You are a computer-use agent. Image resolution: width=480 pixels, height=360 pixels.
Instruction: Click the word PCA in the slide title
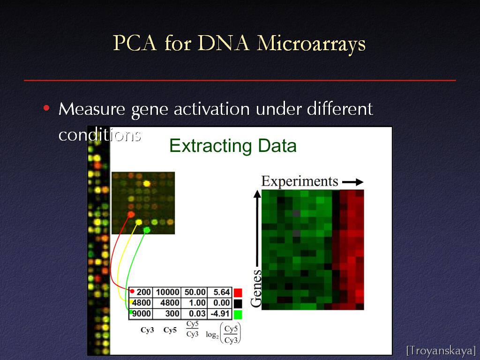[x=135, y=43]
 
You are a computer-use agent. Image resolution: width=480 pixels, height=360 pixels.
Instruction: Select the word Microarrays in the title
[x=311, y=44]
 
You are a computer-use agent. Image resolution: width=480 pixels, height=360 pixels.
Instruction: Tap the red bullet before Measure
[x=46, y=108]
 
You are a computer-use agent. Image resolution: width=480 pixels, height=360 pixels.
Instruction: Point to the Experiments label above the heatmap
[x=300, y=181]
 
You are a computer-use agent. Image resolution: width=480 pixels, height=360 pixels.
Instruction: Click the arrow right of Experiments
[x=352, y=182]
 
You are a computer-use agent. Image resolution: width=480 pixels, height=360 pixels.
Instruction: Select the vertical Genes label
[x=256, y=288]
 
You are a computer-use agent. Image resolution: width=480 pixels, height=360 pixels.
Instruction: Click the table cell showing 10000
[x=167, y=292]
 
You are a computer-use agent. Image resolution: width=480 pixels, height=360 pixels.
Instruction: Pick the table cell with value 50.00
[x=195, y=292]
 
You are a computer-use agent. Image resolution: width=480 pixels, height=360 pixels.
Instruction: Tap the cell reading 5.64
[x=220, y=292]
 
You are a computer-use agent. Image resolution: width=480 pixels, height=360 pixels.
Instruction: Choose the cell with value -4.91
[x=220, y=314]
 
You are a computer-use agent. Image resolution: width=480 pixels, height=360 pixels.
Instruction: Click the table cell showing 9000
[x=141, y=314]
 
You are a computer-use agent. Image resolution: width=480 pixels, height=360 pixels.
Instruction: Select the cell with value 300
[x=167, y=314]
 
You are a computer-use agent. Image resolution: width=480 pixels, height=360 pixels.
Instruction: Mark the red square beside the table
[x=238, y=292]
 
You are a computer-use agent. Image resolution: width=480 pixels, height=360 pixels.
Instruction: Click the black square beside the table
[x=238, y=303]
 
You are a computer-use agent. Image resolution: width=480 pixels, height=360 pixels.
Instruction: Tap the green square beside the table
[x=238, y=315]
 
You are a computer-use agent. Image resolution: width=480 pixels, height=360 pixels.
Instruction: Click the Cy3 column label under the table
[x=147, y=330]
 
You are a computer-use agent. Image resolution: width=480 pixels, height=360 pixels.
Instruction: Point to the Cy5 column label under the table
[x=170, y=330]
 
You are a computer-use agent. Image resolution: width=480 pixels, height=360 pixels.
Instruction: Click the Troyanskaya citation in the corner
[x=441, y=350]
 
